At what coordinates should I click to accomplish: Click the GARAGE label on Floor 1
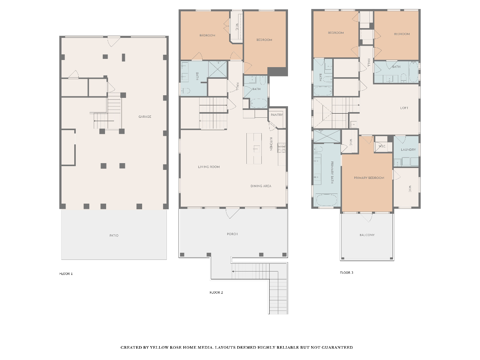pyautogui.click(x=145, y=117)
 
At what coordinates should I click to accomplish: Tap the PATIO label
pyautogui.click(x=114, y=235)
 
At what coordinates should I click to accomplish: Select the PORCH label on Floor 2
pyautogui.click(x=232, y=234)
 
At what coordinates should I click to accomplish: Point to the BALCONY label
pyautogui.click(x=367, y=235)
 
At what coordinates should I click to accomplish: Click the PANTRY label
pyautogui.click(x=277, y=115)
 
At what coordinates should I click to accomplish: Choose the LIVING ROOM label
pyautogui.click(x=209, y=167)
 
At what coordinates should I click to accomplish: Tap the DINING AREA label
pyautogui.click(x=261, y=186)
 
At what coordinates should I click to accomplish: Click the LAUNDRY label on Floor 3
pyautogui.click(x=408, y=150)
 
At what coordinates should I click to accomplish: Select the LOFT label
pyautogui.click(x=404, y=108)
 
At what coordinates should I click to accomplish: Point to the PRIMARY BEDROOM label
pyautogui.click(x=369, y=178)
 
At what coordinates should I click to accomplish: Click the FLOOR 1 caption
pyautogui.click(x=66, y=274)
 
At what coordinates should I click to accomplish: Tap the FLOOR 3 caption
pyautogui.click(x=346, y=273)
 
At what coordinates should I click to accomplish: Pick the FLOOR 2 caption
pyautogui.click(x=216, y=292)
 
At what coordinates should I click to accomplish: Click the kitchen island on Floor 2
pyautogui.click(x=254, y=148)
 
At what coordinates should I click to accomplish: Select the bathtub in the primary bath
pyautogui.click(x=326, y=200)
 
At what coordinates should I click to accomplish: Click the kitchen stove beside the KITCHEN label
pyautogui.click(x=281, y=147)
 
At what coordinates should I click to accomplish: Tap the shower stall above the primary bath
pyautogui.click(x=327, y=136)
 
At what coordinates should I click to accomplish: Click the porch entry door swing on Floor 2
pyautogui.click(x=232, y=213)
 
